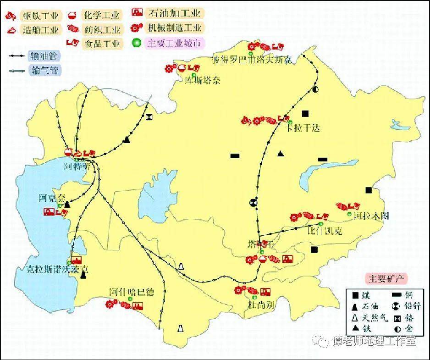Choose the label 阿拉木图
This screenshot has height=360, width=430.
point(371,216)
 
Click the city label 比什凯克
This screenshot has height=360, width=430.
point(325,231)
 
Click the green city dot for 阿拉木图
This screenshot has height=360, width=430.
point(350,214)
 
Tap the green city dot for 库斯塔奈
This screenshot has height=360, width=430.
point(194,75)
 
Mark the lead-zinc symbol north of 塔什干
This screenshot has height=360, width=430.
point(253,202)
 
